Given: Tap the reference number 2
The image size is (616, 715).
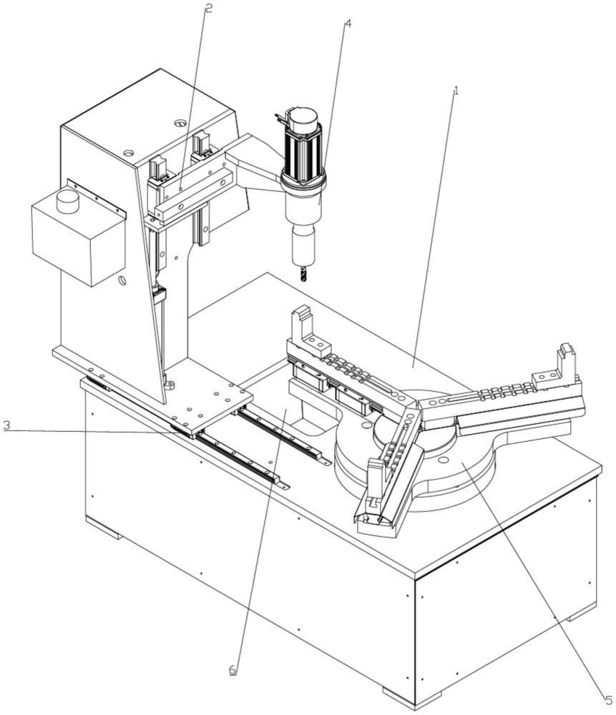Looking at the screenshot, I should (209, 9).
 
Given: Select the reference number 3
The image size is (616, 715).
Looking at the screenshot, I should (6, 426).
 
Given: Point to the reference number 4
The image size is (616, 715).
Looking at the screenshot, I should (348, 22).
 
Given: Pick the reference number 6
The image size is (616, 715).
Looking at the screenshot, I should (232, 671).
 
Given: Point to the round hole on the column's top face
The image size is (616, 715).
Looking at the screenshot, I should (176, 124).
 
